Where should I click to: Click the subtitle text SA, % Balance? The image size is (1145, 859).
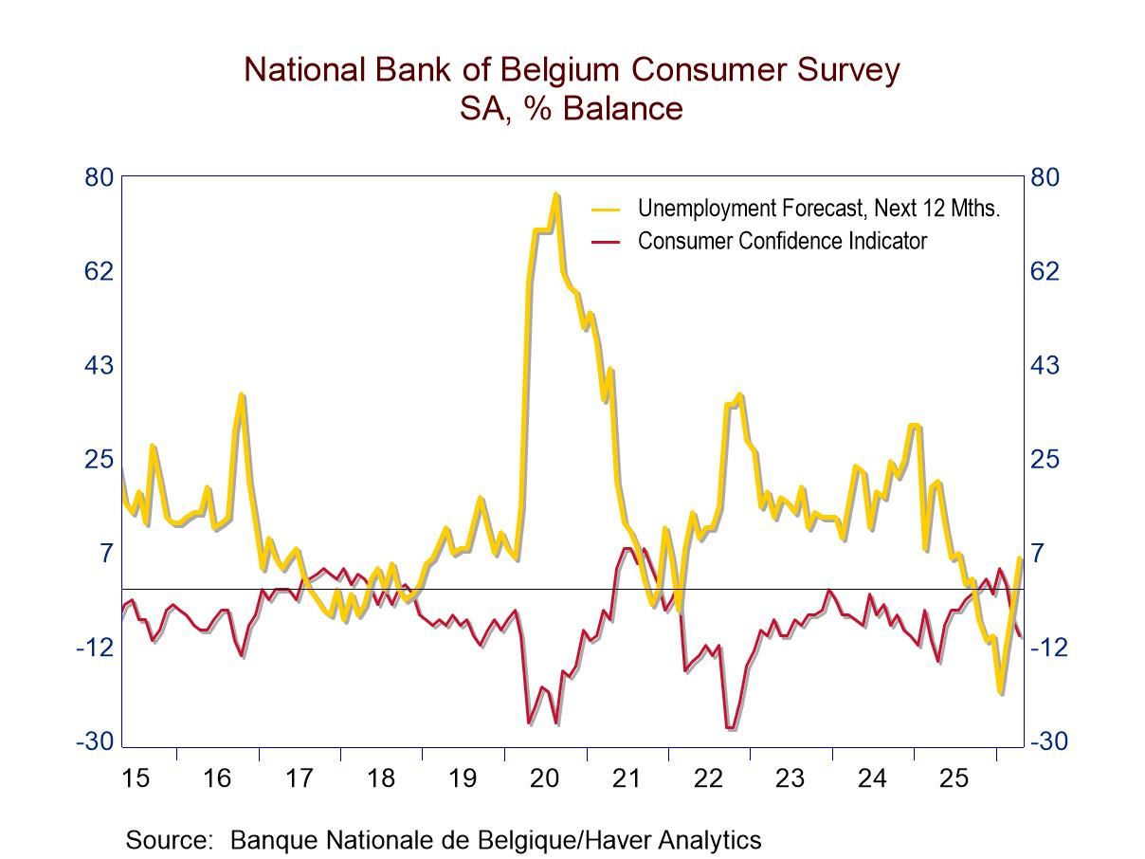[571, 108]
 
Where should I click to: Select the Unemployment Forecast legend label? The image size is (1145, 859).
[818, 208]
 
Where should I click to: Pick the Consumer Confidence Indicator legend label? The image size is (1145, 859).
[782, 241]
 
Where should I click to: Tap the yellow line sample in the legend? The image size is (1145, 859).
[606, 209]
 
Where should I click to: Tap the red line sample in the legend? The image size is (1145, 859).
[606, 242]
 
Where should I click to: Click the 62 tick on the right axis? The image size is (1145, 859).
[1045, 271]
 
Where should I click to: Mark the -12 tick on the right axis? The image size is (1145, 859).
[1048, 648]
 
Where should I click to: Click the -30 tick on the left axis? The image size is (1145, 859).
[95, 741]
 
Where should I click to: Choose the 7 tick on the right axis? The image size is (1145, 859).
[1039, 553]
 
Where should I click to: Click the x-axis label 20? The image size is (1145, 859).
[544, 778]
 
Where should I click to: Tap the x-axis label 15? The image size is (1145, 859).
[136, 778]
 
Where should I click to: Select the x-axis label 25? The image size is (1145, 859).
[954, 778]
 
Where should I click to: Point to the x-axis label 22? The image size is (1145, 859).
[708, 778]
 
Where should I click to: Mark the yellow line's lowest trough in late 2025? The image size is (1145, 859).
[1000, 693]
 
